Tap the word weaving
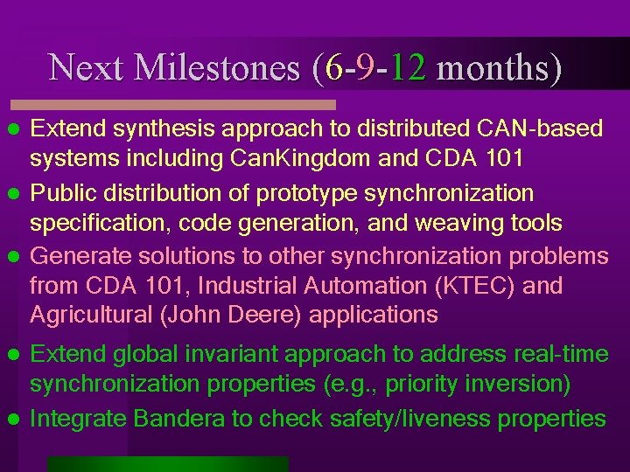[462, 224]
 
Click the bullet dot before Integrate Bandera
[13, 419]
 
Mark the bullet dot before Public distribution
[13, 193]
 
